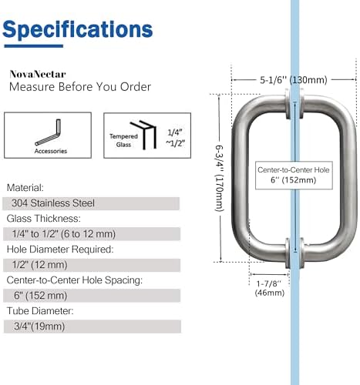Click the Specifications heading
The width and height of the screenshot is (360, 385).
pyautogui.click(x=78, y=29)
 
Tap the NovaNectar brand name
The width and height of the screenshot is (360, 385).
pyautogui.click(x=38, y=75)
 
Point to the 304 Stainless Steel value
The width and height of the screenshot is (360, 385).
pyautogui.click(x=53, y=203)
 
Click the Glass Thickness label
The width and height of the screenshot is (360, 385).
pyautogui.click(x=44, y=219)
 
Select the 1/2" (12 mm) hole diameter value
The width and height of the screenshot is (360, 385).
pyautogui.click(x=40, y=265)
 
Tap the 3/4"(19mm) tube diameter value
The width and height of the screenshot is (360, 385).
pyautogui.click(x=39, y=326)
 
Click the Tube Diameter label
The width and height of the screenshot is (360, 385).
pyautogui.click(x=40, y=311)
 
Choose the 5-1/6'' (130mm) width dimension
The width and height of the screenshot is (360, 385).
pyautogui.click(x=294, y=80)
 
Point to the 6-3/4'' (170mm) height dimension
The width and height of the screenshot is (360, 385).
pyautogui.click(x=220, y=179)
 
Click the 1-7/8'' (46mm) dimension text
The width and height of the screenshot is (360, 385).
pyautogui.click(x=270, y=288)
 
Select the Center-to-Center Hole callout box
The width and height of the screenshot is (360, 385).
pyautogui.click(x=294, y=176)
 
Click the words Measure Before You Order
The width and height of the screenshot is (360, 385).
pyautogui.click(x=80, y=87)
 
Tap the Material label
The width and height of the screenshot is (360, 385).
pyautogui.click(x=25, y=188)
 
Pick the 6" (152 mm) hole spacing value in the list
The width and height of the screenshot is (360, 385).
pyautogui.click(x=40, y=296)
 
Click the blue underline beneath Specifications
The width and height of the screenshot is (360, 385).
pyautogui.click(x=34, y=46)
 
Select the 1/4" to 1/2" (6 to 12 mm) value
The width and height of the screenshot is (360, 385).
pyautogui.click(x=64, y=234)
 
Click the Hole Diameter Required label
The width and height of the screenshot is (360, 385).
pyautogui.click(x=60, y=249)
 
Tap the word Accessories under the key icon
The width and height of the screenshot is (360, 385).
pyautogui.click(x=51, y=151)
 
